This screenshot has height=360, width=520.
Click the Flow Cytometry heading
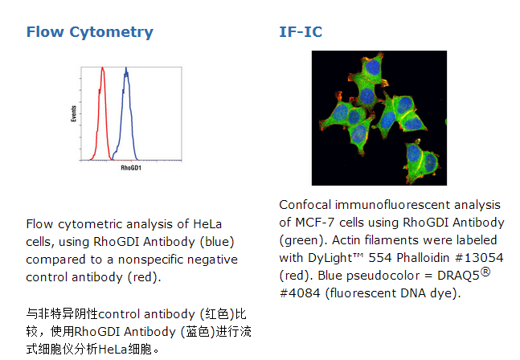pos(89,32)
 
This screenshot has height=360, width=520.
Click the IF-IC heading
pos(301,32)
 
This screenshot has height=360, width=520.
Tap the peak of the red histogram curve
pos(103,67)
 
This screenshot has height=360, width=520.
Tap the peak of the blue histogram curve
pos(126,68)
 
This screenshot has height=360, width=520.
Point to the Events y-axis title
pos(74,113)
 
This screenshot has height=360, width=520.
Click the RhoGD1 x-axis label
pos(131,168)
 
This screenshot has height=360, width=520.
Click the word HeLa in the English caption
pos(207,224)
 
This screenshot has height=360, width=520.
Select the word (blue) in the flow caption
pos(217,242)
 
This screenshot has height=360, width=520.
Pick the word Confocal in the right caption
pos(305,205)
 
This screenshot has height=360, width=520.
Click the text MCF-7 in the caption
pos(315,223)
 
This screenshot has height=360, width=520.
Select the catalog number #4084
pos(300,293)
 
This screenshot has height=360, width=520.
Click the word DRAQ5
pos(458,276)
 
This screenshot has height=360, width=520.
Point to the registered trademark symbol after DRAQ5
pos(485,272)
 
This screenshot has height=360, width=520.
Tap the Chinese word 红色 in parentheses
pos(218,313)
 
